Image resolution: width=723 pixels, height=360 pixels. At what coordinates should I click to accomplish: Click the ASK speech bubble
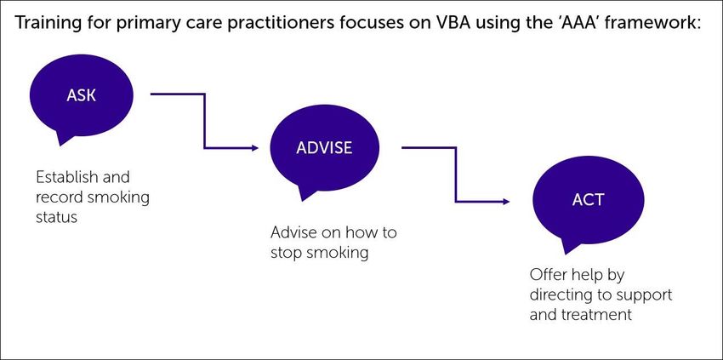point(81,94)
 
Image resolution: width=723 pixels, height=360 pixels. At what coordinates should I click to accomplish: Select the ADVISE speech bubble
point(324,148)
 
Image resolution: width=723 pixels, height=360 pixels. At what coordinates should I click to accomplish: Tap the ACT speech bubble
point(588,200)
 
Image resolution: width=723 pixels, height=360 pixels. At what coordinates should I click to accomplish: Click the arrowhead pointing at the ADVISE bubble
point(254,148)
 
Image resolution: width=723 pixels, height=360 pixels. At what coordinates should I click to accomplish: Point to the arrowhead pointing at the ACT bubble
point(505,202)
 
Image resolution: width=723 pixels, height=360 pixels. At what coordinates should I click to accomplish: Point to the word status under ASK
point(56,217)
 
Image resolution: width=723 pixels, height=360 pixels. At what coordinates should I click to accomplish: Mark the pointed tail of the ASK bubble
point(59,144)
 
